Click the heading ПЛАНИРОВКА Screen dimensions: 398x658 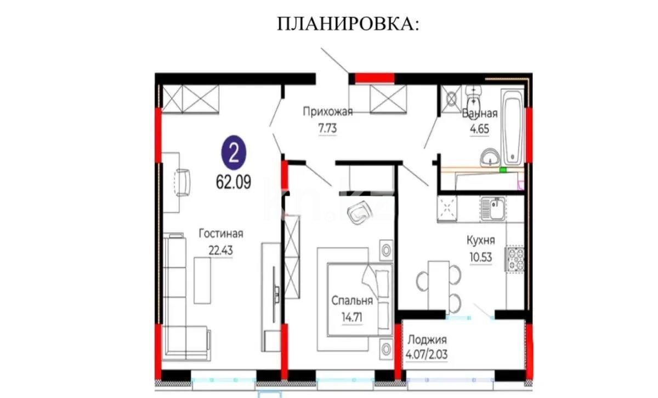348,24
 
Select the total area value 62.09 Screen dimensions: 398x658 234,183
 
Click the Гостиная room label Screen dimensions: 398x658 221,234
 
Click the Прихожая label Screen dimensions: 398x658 327,112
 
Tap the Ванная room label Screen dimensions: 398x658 480,114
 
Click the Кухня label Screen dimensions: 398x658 481,240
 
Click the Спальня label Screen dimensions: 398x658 352,300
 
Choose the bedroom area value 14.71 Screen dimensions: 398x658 352,316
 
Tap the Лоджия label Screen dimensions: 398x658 427,339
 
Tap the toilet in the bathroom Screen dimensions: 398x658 473,97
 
